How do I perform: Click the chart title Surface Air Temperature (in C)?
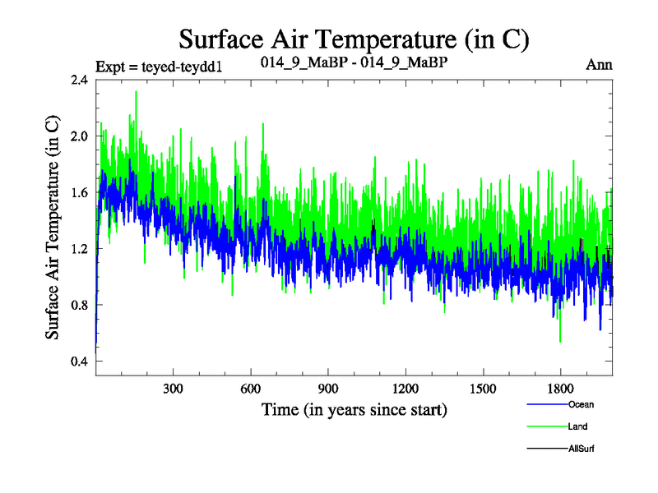pyautogui.click(x=353, y=39)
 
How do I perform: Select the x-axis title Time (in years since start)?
pyautogui.click(x=354, y=408)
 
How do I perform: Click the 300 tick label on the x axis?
pyautogui.click(x=173, y=388)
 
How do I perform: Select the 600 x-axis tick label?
pyautogui.click(x=250, y=388)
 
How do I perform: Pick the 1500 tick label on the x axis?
pyautogui.click(x=482, y=388)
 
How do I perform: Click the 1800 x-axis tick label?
pyautogui.click(x=559, y=388)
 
